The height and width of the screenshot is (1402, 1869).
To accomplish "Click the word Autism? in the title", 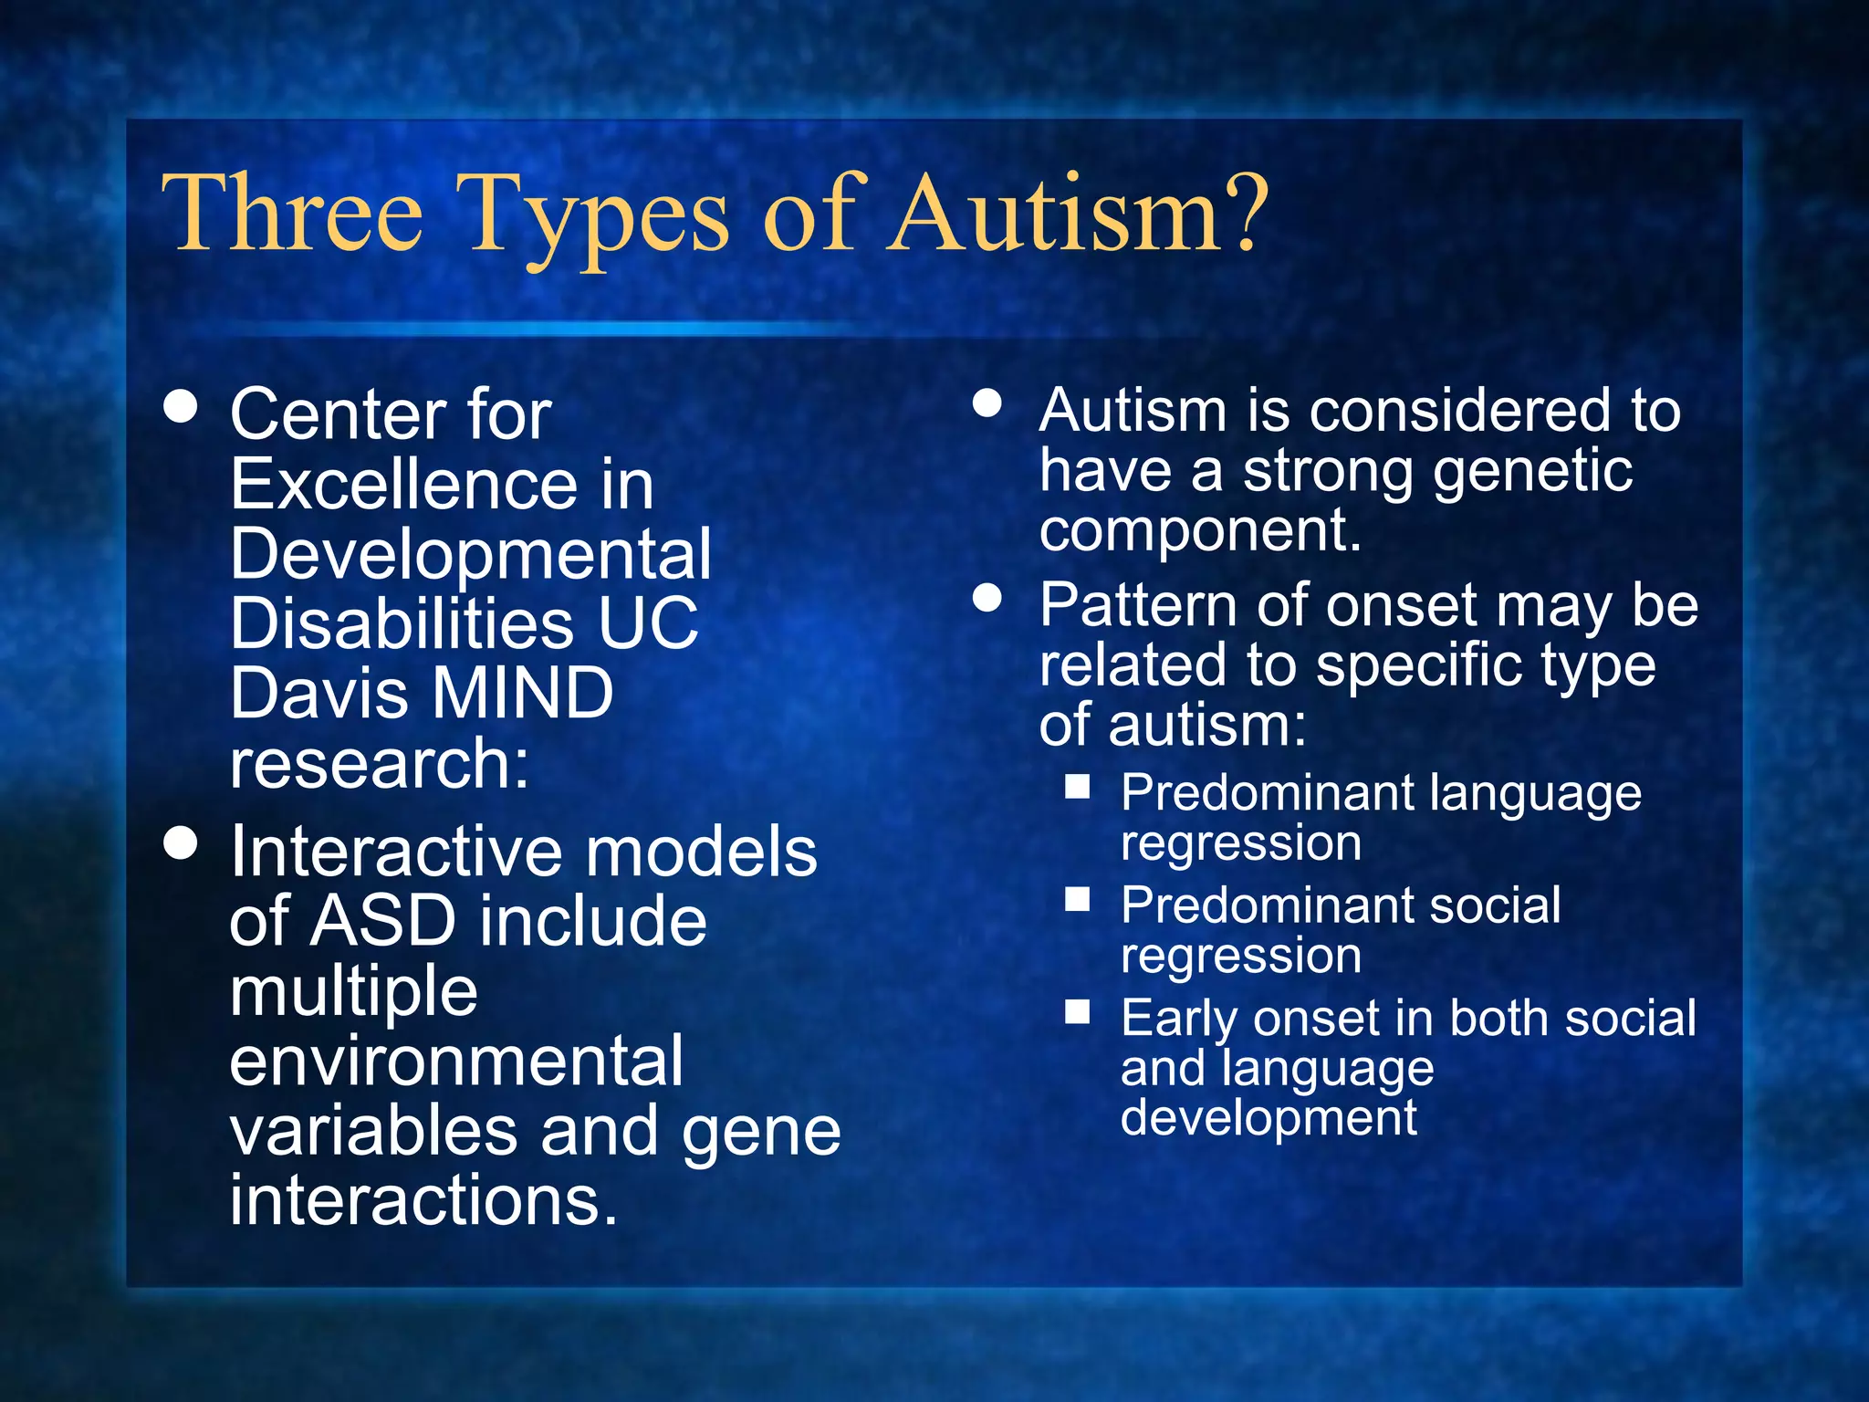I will [1077, 214].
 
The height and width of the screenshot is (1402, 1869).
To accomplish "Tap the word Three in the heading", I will [293, 214].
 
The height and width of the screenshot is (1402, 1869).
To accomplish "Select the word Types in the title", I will [593, 219].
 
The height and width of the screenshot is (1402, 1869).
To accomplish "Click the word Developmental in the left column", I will [470, 555].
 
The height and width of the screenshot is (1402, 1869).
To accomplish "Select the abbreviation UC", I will [648, 624].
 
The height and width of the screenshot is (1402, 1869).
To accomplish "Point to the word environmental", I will [455, 1062].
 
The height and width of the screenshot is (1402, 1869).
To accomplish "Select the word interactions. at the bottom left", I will [423, 1200].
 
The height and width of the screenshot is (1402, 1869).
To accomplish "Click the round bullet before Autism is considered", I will [987, 403].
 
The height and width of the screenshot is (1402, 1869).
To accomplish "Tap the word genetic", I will [1533, 473].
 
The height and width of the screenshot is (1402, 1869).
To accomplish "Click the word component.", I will [1200, 530].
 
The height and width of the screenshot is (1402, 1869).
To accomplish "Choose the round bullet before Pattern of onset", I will [987, 599].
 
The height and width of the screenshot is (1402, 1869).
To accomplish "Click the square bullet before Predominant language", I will [1078, 787].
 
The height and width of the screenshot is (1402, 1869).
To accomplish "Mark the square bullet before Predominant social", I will [1078, 900].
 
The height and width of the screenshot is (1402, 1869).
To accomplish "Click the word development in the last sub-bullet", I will [1269, 1118].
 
